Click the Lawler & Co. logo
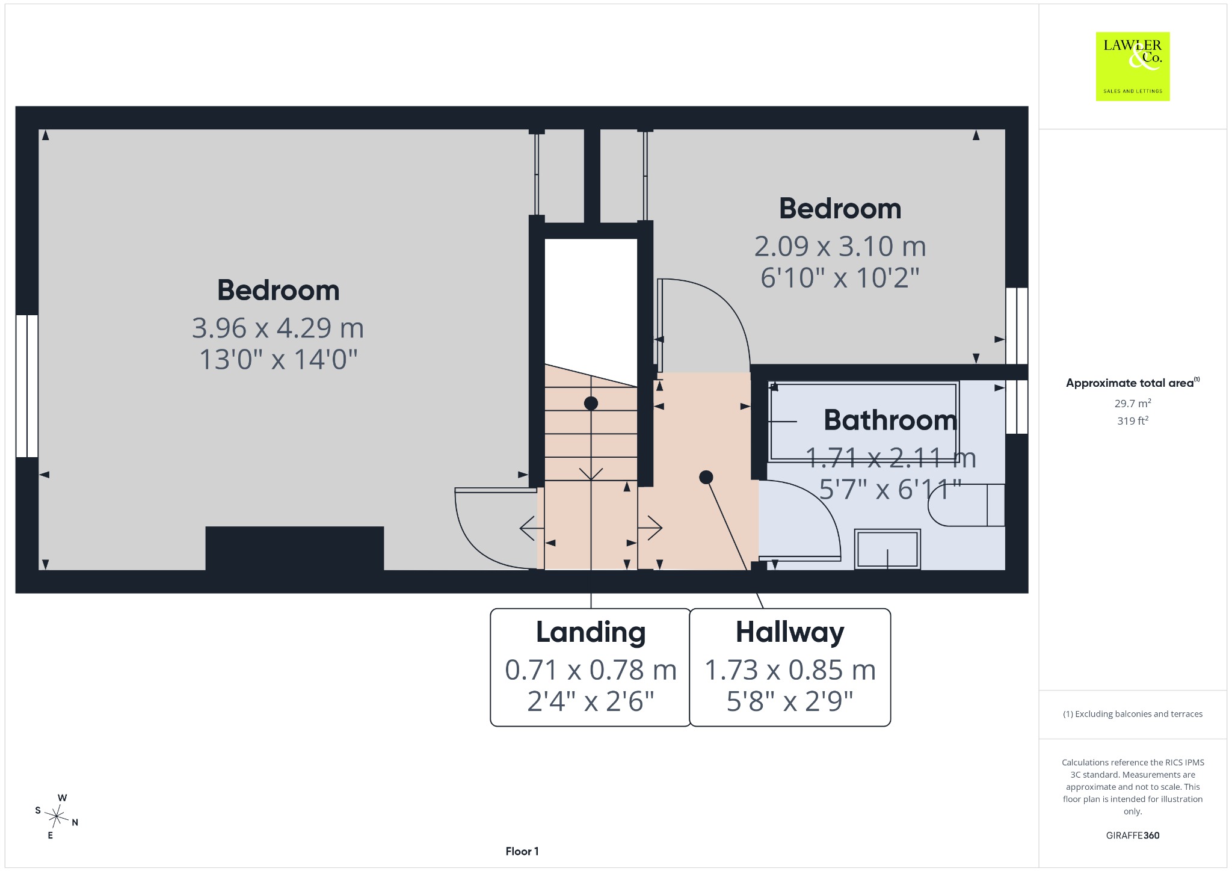pyautogui.click(x=1132, y=66)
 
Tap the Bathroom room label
pyautogui.click(x=890, y=420)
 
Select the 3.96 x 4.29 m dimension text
pyautogui.click(x=278, y=328)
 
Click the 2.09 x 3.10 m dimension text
pyautogui.click(x=840, y=247)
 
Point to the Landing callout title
pyautogui.click(x=591, y=632)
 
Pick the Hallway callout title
pyautogui.click(x=790, y=633)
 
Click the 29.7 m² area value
pyautogui.click(x=1133, y=404)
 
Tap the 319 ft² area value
pyautogui.click(x=1133, y=421)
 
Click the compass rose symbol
pyautogui.click(x=57, y=816)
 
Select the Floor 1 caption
pyautogui.click(x=522, y=851)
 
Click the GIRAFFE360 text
pyautogui.click(x=1133, y=836)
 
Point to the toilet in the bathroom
pyautogui.click(x=966, y=505)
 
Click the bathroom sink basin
pyautogui.click(x=888, y=549)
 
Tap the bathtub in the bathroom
pyautogui.click(x=863, y=422)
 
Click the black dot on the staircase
pyautogui.click(x=591, y=403)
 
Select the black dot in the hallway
pyautogui.click(x=706, y=477)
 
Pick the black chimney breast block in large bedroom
pyautogui.click(x=295, y=549)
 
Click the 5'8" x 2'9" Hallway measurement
pyautogui.click(x=790, y=701)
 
